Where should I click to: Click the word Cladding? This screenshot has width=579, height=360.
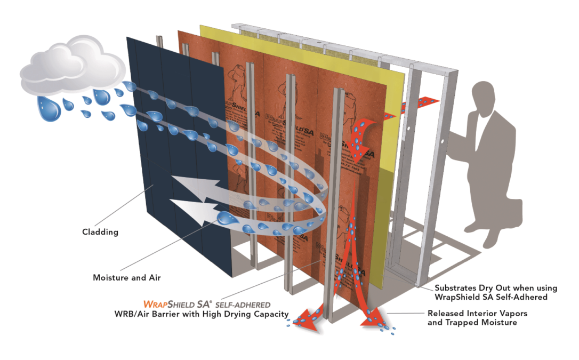(x=100, y=233)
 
